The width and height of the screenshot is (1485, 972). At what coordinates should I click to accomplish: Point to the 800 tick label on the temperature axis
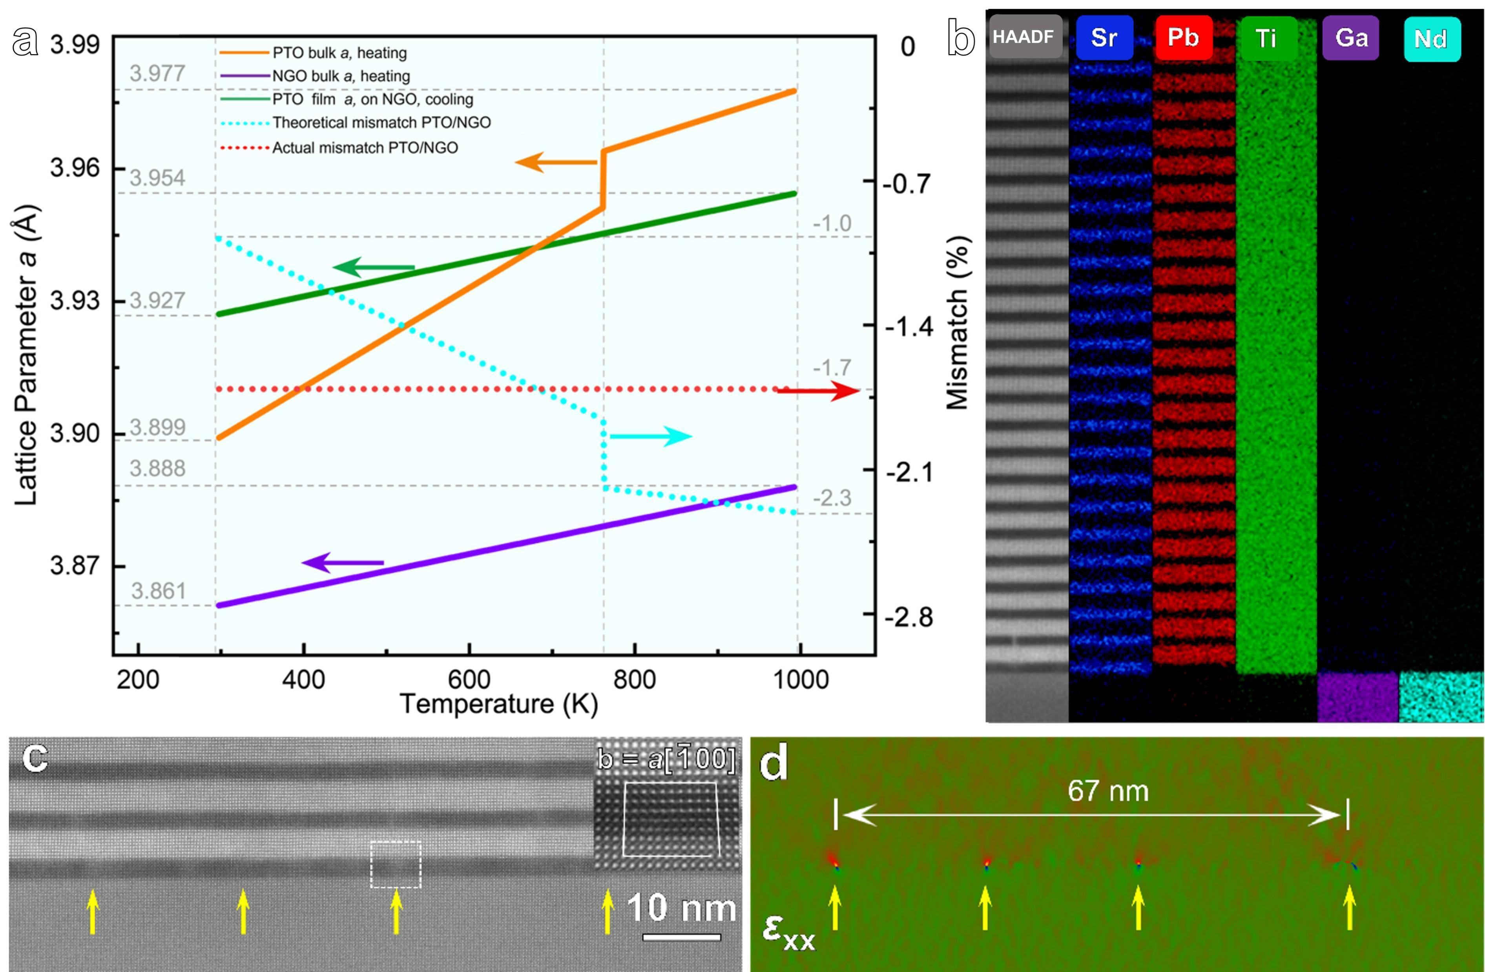coord(635,679)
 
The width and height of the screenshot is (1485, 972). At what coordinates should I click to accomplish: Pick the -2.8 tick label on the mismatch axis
coord(909,617)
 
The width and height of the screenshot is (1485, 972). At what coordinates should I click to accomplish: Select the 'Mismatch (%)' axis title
coord(958,323)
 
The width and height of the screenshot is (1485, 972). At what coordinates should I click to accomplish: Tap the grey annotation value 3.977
coord(157,74)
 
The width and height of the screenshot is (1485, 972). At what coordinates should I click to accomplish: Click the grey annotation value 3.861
coord(159,591)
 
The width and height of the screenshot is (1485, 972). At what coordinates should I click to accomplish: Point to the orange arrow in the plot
coord(555,163)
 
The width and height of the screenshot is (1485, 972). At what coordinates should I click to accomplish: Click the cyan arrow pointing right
coord(651,436)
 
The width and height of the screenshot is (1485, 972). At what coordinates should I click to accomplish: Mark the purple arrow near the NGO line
coord(343,563)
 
